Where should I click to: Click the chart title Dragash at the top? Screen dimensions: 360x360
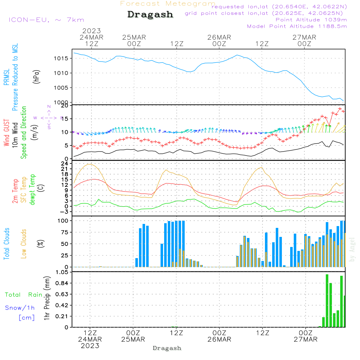coord(150,14)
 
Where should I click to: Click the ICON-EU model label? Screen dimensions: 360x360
coord(46,20)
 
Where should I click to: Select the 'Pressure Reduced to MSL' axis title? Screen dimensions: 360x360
coord(15,77)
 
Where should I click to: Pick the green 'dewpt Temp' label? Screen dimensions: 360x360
coord(33,190)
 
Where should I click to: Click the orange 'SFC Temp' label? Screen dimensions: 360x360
coord(24,190)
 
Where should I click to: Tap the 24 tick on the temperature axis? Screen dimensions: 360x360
coord(65,163)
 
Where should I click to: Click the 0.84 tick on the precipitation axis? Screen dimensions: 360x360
coord(62,283)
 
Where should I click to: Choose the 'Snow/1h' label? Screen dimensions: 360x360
coord(20,308)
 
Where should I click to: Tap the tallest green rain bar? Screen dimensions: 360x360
coord(327,301)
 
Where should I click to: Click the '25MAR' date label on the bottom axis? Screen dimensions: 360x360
coord(133,339)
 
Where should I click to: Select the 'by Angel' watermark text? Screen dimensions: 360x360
coord(352,249)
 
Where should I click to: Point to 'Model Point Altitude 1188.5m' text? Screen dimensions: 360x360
coord(297,26)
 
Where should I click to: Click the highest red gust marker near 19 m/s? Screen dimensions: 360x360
coord(339,109)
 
